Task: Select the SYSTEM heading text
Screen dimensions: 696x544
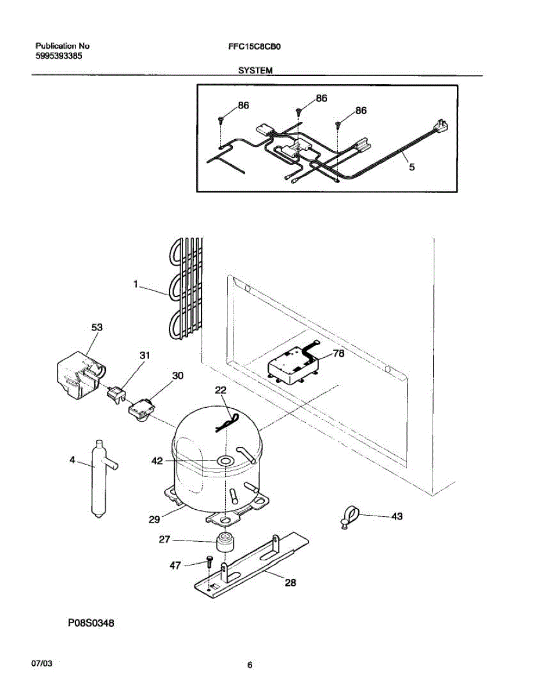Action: [255, 70]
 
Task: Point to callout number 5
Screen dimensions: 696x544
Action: [412, 167]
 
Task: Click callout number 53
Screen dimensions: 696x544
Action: [96, 328]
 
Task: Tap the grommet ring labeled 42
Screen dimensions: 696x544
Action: [224, 461]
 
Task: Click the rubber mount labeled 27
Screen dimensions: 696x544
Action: [224, 542]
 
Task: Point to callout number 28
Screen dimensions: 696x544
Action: [290, 582]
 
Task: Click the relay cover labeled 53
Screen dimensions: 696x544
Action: [78, 376]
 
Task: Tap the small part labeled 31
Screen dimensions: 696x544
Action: [117, 395]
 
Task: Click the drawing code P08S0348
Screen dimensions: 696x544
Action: [91, 623]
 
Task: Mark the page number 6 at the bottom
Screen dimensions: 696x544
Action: [250, 665]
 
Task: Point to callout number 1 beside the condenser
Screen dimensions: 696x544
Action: [135, 284]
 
